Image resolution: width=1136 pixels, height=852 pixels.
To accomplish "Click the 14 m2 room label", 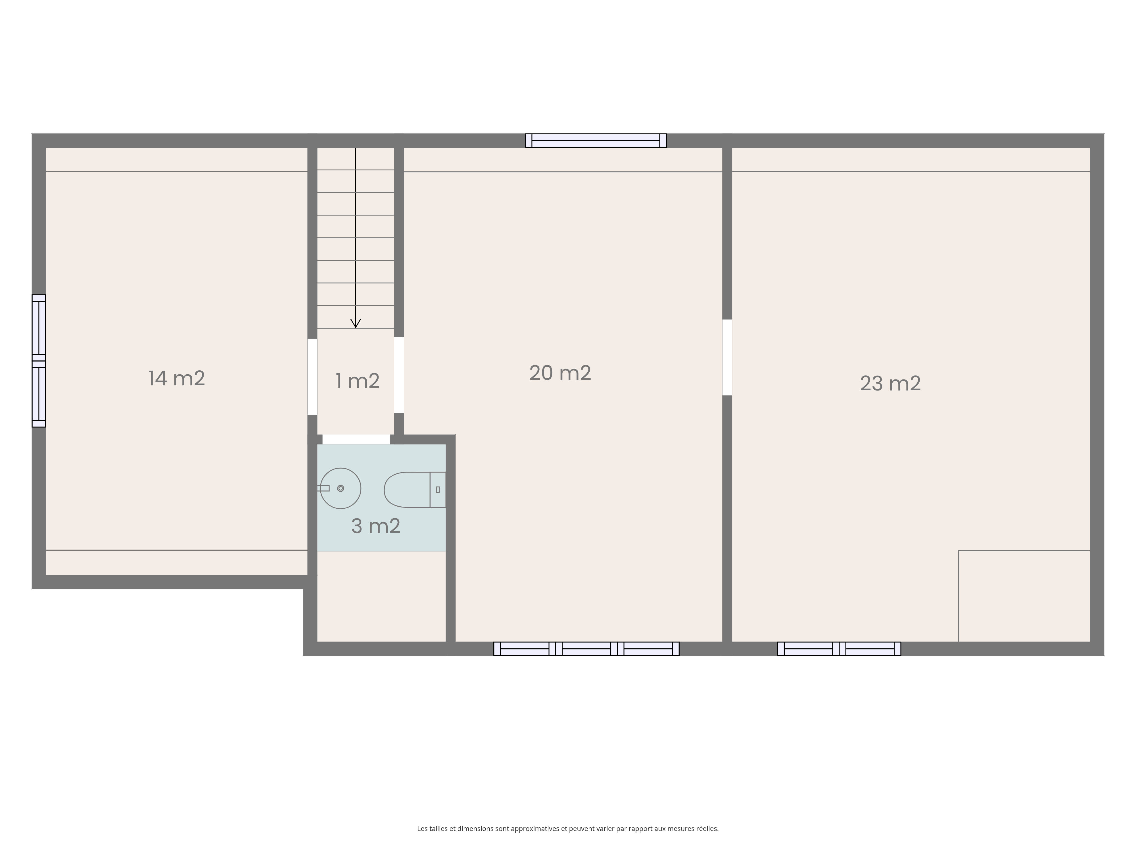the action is click(177, 379).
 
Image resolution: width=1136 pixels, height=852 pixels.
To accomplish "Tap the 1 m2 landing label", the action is click(358, 381).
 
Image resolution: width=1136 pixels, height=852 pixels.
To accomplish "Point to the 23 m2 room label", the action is click(891, 384).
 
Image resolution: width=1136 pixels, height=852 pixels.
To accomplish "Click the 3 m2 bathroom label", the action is click(376, 526).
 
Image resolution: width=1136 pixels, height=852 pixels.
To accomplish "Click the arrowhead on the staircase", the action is click(355, 323).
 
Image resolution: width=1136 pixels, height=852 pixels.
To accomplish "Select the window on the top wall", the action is click(596, 140).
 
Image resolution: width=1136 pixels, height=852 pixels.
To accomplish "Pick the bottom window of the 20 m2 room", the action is click(586, 649).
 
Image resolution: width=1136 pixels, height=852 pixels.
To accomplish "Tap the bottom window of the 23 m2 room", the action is click(839, 649).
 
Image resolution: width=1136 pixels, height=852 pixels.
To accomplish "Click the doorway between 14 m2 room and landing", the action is click(312, 376).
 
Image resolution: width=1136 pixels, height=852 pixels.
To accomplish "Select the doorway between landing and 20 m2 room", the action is click(399, 375).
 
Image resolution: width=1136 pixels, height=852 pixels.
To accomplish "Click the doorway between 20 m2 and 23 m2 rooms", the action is click(727, 358).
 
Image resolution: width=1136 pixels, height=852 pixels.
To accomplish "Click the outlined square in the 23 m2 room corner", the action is click(1024, 596).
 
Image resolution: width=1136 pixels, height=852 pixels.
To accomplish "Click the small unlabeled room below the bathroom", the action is click(382, 597).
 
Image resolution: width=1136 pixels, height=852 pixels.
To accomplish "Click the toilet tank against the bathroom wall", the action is click(438, 490).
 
